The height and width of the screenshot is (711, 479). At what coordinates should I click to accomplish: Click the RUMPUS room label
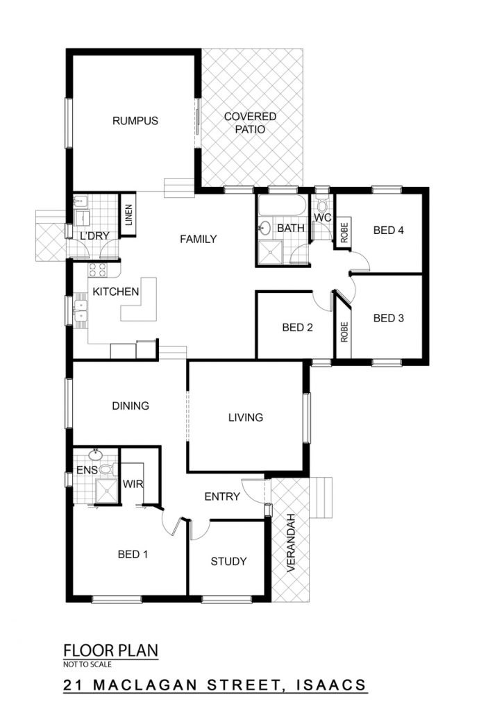[x=135, y=121]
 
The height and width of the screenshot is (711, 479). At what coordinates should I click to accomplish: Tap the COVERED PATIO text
[x=250, y=123]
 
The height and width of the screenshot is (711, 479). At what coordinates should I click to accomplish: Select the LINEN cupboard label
[x=128, y=215]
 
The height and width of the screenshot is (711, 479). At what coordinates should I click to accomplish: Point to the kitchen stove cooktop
[x=97, y=270]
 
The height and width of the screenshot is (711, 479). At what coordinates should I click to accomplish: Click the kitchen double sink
[x=81, y=310]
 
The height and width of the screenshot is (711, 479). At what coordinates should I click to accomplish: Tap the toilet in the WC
[x=322, y=205]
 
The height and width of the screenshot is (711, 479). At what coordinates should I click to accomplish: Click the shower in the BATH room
[x=270, y=252]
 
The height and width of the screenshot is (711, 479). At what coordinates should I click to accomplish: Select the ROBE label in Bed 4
[x=344, y=232]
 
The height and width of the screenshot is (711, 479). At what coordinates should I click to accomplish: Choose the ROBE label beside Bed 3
[x=344, y=332]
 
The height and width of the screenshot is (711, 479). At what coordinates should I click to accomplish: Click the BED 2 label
[x=297, y=328]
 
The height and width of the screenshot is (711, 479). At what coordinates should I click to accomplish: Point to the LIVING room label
[x=246, y=417]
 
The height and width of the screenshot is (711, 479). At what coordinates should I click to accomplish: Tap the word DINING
[x=131, y=405]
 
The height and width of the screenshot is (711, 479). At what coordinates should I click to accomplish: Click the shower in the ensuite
[x=106, y=491]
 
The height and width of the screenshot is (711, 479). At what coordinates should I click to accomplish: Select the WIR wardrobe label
[x=133, y=484]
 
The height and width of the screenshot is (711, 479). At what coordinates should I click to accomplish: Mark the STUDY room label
[x=228, y=561]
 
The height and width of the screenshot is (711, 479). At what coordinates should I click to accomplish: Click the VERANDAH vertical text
[x=291, y=542]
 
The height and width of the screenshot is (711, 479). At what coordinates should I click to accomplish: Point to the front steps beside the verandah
[x=321, y=497]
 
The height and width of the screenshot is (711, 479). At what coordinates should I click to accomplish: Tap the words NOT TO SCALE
[x=87, y=664]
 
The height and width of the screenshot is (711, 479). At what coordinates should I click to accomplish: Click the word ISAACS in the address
[x=331, y=685]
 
